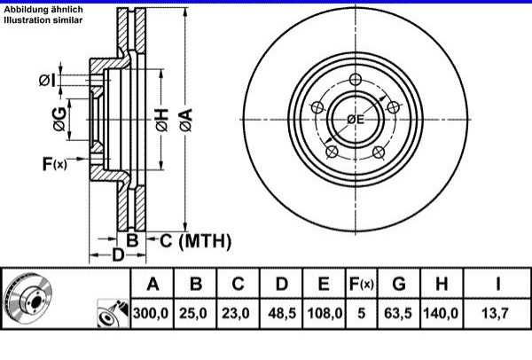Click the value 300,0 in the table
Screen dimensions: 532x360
pyautogui.click(x=151, y=313)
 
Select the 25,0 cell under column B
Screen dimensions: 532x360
pyautogui.click(x=193, y=313)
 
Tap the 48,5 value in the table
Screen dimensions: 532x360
pyautogui.click(x=282, y=313)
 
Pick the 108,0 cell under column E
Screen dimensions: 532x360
pyautogui.click(x=325, y=313)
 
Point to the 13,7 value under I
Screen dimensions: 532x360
pyautogui.click(x=496, y=313)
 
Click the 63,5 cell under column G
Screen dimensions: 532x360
pyautogui.click(x=398, y=313)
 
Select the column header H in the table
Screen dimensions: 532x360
pyautogui.click(x=442, y=284)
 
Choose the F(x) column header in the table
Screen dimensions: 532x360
pyautogui.click(x=362, y=284)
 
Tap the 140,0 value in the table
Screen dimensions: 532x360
pyautogui.click(x=441, y=313)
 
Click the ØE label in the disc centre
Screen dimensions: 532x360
pyautogui.click(x=356, y=119)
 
